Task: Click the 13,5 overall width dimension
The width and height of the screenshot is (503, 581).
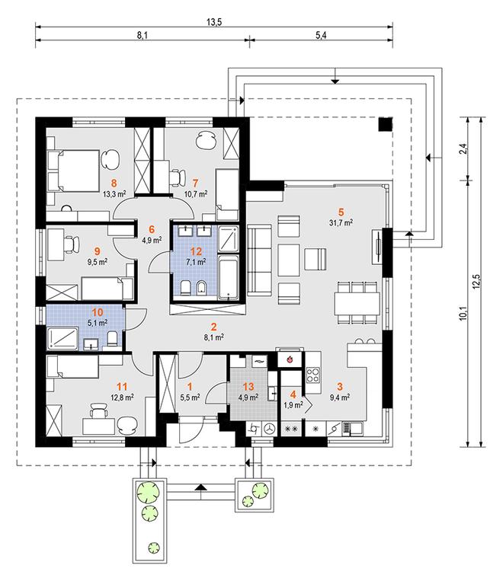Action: click(x=214, y=22)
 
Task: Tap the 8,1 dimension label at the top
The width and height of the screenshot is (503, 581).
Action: click(x=143, y=36)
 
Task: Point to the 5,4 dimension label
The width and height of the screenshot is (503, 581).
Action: click(x=321, y=36)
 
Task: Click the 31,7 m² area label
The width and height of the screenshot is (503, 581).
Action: click(x=341, y=222)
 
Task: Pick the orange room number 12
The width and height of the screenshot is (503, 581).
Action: click(x=196, y=251)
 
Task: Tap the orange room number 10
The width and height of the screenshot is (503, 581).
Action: click(x=98, y=312)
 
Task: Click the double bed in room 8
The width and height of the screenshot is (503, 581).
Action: click(x=73, y=171)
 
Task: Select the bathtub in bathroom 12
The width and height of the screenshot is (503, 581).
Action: click(x=228, y=276)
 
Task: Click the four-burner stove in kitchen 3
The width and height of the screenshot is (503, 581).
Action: click(x=313, y=374)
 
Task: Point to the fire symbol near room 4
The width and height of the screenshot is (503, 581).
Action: click(x=290, y=359)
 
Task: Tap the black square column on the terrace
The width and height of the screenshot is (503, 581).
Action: click(x=385, y=124)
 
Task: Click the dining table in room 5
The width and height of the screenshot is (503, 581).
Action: click(x=357, y=304)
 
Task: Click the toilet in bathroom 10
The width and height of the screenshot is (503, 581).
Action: click(x=112, y=339)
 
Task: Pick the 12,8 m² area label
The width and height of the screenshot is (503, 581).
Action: click(x=122, y=397)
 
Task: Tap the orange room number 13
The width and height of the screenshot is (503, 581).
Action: click(x=248, y=387)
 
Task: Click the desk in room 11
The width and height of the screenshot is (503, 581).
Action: click(x=98, y=426)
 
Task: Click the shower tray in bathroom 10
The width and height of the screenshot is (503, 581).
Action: click(x=63, y=338)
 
